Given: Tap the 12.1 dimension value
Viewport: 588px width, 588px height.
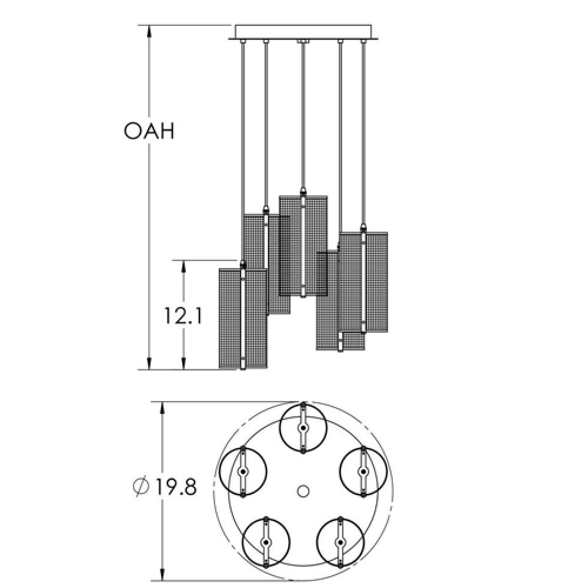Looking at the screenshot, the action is pos(183,316).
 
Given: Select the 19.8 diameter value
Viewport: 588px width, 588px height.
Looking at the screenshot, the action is pos(175,487).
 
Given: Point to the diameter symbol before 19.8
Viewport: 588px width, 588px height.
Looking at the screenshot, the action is pos(141,487).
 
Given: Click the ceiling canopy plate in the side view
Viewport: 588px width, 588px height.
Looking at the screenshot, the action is pos(303,32).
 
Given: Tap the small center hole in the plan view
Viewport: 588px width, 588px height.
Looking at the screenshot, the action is pos(303,491).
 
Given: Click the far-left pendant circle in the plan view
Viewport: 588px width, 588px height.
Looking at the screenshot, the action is pos(243,472).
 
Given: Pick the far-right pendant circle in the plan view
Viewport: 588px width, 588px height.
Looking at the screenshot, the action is pos(363,472).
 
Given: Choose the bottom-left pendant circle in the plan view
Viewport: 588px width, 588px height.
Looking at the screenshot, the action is pos(266,542).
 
